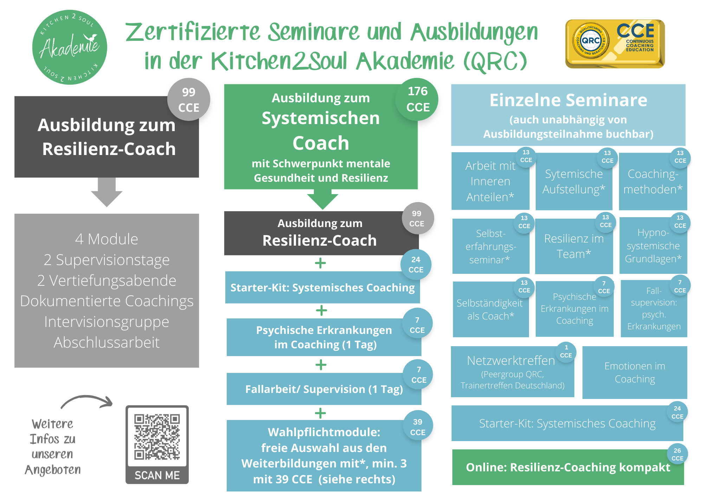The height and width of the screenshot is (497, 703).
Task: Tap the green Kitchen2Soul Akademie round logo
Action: tap(70, 47)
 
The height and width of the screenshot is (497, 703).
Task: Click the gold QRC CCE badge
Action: tap(615, 44)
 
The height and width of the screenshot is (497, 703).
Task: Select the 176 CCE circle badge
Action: tap(417, 99)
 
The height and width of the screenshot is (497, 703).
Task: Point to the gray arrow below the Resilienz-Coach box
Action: tap(107, 192)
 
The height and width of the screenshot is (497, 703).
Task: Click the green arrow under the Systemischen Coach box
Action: tap(322, 199)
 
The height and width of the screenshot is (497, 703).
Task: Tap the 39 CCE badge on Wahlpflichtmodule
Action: tap(417, 427)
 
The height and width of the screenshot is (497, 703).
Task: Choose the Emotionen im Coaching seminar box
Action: tap(634, 372)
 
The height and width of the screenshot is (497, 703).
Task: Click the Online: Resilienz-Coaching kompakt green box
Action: tap(568, 467)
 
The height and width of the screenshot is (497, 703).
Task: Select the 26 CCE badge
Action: tap(677, 454)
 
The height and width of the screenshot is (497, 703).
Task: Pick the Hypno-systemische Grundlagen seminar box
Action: tap(653, 246)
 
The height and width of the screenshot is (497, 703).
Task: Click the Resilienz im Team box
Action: tap(574, 246)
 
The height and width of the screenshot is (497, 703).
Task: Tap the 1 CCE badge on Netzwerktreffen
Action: tap(566, 351)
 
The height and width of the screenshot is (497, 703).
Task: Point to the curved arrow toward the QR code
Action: tap(87, 401)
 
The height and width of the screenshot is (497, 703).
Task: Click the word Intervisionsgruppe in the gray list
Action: tap(107, 322)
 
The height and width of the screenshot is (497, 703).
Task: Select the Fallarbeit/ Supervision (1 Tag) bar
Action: tap(323, 389)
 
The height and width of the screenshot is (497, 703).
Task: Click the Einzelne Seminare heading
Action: tap(568, 101)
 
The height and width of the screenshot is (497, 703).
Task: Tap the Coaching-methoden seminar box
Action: tap(652, 182)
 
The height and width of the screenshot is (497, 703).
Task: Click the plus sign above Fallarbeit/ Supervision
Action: tap(321, 365)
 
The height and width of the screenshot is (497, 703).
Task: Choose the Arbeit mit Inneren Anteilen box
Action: tap(490, 181)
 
